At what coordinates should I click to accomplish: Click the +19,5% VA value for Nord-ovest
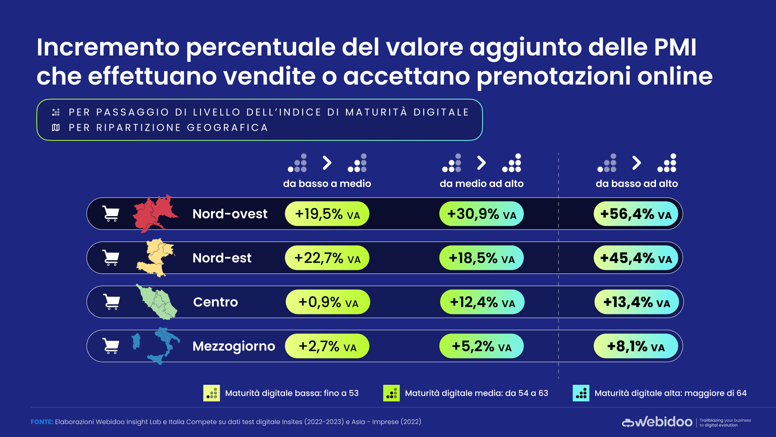click(x=327, y=214)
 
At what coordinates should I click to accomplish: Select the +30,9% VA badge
click(x=481, y=214)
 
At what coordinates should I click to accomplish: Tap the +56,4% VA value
click(x=636, y=214)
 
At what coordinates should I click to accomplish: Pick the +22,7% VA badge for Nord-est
click(x=327, y=258)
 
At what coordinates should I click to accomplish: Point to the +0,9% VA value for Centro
click(x=328, y=302)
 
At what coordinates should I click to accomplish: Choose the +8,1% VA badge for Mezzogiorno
click(x=636, y=346)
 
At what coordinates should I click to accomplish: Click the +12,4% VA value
click(x=482, y=302)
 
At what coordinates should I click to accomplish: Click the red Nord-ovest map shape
click(x=154, y=214)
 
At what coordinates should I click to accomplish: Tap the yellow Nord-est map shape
click(x=156, y=257)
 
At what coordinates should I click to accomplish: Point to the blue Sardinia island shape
click(x=136, y=341)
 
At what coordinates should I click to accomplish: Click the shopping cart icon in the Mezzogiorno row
click(x=111, y=346)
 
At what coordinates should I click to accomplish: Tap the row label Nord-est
click(x=222, y=258)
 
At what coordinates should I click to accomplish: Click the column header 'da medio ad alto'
click(x=481, y=184)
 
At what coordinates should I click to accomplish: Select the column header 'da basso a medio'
click(x=327, y=184)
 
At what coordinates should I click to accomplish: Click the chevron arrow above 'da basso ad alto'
click(x=637, y=163)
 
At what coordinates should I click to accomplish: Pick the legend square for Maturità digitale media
click(x=391, y=393)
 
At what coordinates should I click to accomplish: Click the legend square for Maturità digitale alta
click(x=581, y=393)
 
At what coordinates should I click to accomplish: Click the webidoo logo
click(x=657, y=422)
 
